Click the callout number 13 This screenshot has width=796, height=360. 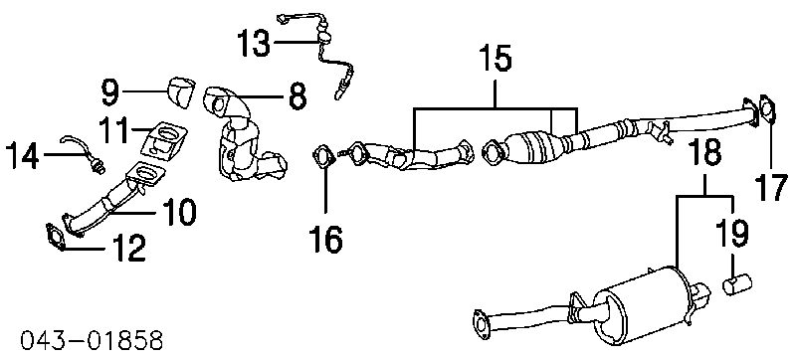[255, 44]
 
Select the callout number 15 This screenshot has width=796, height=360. [496, 59]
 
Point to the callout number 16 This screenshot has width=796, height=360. [326, 239]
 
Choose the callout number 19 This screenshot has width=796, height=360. [732, 234]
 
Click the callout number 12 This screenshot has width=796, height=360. [128, 248]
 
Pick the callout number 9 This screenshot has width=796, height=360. [109, 91]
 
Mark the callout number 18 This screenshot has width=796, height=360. [705, 151]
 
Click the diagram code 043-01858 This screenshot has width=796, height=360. [93, 340]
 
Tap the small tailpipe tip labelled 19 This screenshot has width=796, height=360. [736, 283]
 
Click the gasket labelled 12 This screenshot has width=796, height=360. [55, 237]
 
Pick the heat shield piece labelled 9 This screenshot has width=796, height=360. [181, 91]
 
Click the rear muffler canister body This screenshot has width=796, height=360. [642, 307]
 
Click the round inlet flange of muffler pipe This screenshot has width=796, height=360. [480, 322]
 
